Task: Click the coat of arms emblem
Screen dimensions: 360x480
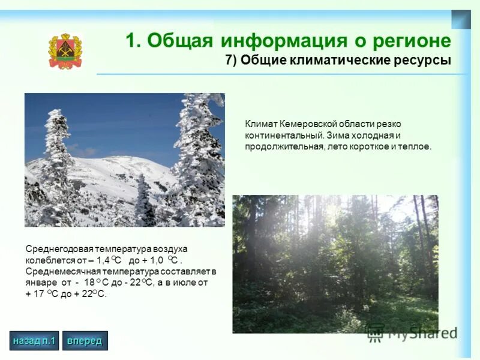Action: (x=65, y=51)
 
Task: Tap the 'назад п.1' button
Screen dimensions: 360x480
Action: (x=34, y=341)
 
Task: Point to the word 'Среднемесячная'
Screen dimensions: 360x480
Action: (x=56, y=271)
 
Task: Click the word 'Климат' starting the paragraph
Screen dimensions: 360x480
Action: (x=258, y=124)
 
